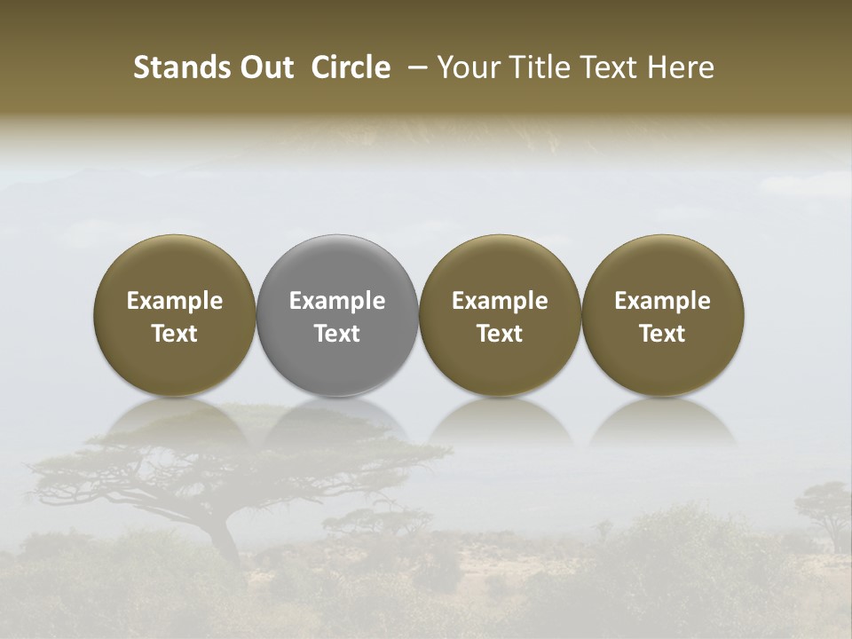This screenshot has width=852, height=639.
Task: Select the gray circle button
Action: (x=337, y=316)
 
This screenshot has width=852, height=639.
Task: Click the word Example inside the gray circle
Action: (x=337, y=301)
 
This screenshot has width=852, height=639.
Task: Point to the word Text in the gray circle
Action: (x=337, y=334)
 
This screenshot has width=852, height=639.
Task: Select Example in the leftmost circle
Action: (x=175, y=301)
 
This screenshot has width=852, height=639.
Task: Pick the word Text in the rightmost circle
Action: (x=662, y=334)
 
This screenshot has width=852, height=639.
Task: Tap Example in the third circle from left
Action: (x=500, y=301)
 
